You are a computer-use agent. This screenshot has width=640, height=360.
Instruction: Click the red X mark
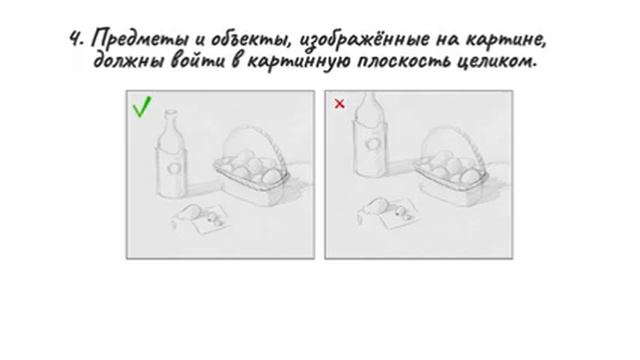(339, 103)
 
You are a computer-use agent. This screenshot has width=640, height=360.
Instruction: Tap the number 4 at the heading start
(75, 40)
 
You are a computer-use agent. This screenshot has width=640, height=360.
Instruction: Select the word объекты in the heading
(232, 40)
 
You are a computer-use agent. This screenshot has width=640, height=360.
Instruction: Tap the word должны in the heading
(128, 63)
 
